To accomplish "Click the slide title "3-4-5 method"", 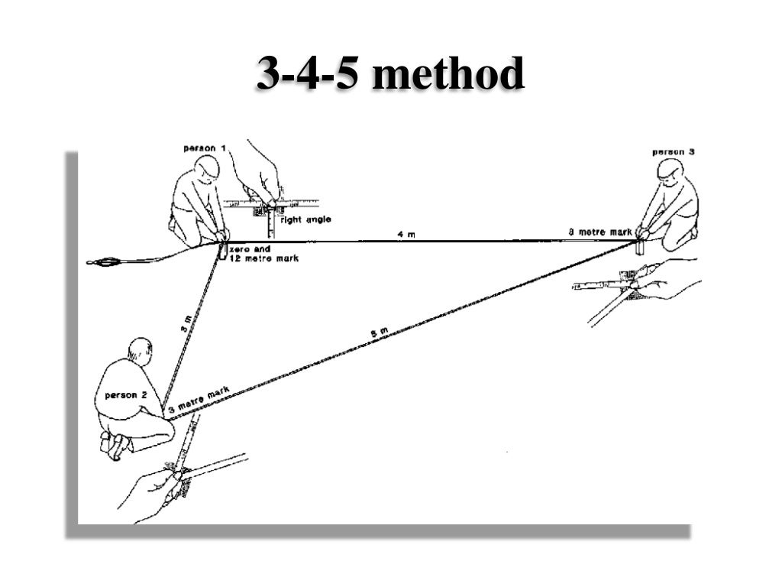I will coord(390,75).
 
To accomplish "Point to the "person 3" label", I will coord(673,152).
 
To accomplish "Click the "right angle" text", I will coord(306,219).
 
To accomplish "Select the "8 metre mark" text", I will coord(600,232).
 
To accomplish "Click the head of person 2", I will coord(139,351).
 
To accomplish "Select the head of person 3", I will coord(671,170).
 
